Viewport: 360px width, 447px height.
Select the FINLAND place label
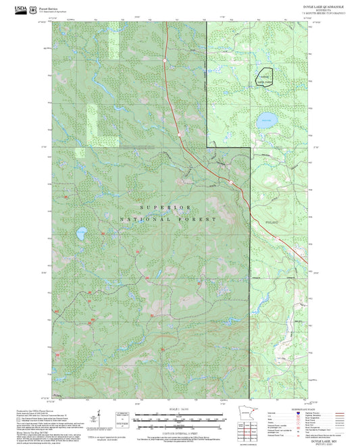click(x=272, y=221)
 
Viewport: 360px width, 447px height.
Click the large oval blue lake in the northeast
click(x=266, y=122)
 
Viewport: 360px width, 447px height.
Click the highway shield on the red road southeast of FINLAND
click(x=276, y=238)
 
